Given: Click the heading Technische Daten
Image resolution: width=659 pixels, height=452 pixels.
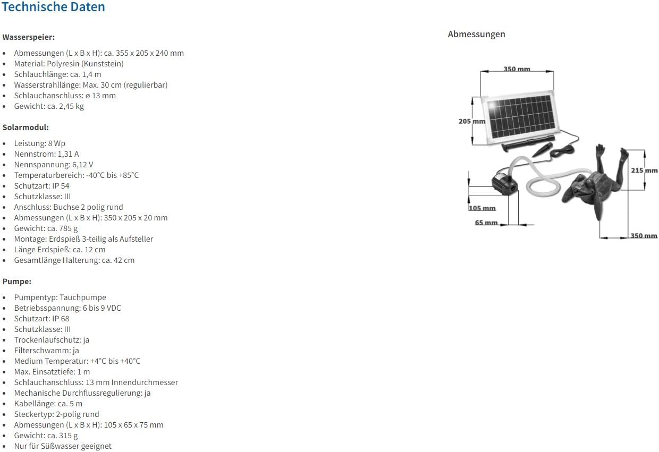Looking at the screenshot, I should pyautogui.click(x=53, y=7).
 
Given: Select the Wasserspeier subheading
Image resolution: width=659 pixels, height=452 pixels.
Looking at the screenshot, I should pyautogui.click(x=29, y=37).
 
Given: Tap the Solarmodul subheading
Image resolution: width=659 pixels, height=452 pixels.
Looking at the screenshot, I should pyautogui.click(x=26, y=127).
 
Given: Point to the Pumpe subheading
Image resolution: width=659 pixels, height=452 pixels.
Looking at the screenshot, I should pyautogui.click(x=17, y=282).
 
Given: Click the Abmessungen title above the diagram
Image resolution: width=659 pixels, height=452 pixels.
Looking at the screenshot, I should pyautogui.click(x=476, y=34).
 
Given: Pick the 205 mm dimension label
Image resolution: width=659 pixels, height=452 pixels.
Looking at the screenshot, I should pyautogui.click(x=471, y=121).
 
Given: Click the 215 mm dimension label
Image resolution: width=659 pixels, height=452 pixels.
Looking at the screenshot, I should pyautogui.click(x=644, y=170).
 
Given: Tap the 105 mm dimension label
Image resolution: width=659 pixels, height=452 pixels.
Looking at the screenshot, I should pyautogui.click(x=482, y=208).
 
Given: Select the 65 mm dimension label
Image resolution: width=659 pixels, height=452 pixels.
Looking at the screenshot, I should pyautogui.click(x=486, y=223).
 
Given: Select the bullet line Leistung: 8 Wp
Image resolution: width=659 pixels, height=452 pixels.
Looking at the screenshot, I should pyautogui.click(x=40, y=143).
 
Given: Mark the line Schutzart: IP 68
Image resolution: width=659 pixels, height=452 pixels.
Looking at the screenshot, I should pyautogui.click(x=41, y=319).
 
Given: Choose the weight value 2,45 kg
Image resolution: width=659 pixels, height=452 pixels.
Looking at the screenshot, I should pyautogui.click(x=72, y=106).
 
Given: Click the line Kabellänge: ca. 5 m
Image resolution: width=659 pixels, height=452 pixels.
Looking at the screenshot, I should pyautogui.click(x=48, y=404).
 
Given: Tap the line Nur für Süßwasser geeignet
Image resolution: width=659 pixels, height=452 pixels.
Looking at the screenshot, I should pyautogui.click(x=63, y=446).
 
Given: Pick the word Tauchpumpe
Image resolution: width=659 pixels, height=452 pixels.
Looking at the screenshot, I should pyautogui.click(x=83, y=297).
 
